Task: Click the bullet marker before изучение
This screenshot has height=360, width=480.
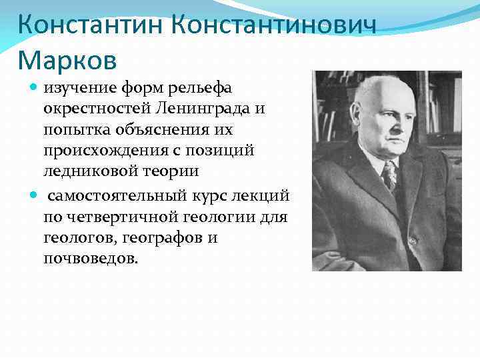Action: (35, 87)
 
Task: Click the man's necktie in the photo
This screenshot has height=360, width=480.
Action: (389, 175)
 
